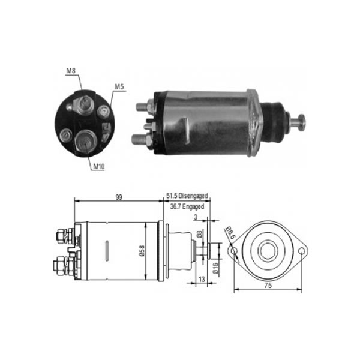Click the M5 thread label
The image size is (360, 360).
click(120, 86)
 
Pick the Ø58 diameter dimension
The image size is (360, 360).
click(142, 250)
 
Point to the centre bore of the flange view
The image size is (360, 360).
click(268, 251)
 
